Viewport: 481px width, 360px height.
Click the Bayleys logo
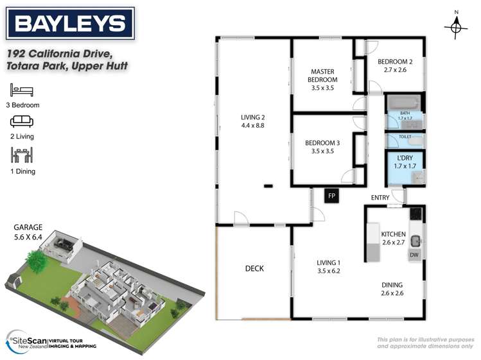pos(70,24)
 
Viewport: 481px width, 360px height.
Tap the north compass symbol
pos(456,26)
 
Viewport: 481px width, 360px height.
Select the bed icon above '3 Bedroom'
pos(22,90)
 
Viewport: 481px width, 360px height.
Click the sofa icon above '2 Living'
pos(22,121)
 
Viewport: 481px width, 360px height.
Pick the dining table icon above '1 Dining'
pos(22,155)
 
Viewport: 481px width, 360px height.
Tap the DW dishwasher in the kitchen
pos(414,255)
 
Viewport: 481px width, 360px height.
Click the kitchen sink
pos(415,241)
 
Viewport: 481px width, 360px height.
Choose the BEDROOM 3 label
pos(322,143)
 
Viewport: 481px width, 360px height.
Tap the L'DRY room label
pos(405,158)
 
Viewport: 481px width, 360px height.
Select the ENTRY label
pos(380,198)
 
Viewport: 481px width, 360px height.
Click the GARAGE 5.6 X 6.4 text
pos(29,232)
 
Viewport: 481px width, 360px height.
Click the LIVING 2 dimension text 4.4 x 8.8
pos(252,126)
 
